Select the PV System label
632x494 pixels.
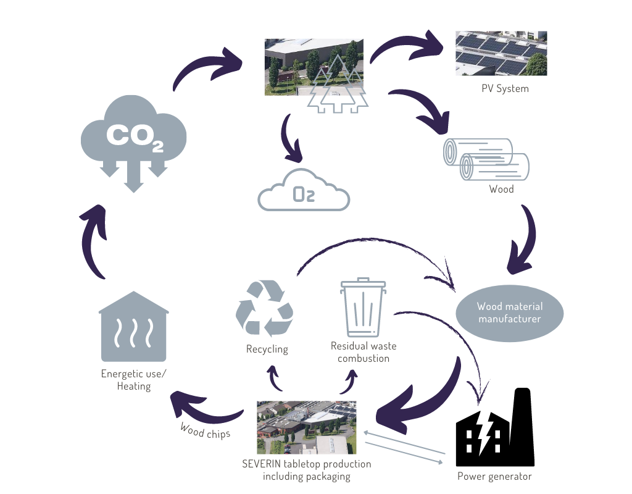click(505, 88)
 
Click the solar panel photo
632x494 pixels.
click(501, 53)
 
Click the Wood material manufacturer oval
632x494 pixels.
click(509, 313)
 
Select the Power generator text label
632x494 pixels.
click(494, 476)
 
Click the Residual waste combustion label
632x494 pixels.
click(360, 352)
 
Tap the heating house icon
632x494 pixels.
click(133, 327)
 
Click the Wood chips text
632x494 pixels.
click(205, 431)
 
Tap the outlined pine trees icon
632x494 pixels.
click(337, 86)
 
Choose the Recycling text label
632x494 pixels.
click(267, 349)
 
